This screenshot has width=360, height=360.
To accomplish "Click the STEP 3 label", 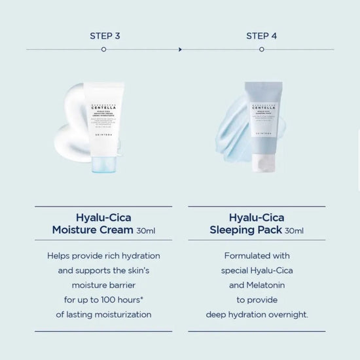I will [x=105, y=35].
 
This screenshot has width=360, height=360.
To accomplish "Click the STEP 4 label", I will [x=261, y=35].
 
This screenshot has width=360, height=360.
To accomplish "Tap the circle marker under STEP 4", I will [x=261, y=49].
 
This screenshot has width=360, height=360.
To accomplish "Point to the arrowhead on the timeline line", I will [x=181, y=49].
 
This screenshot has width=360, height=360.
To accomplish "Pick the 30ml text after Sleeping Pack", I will [x=294, y=231].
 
